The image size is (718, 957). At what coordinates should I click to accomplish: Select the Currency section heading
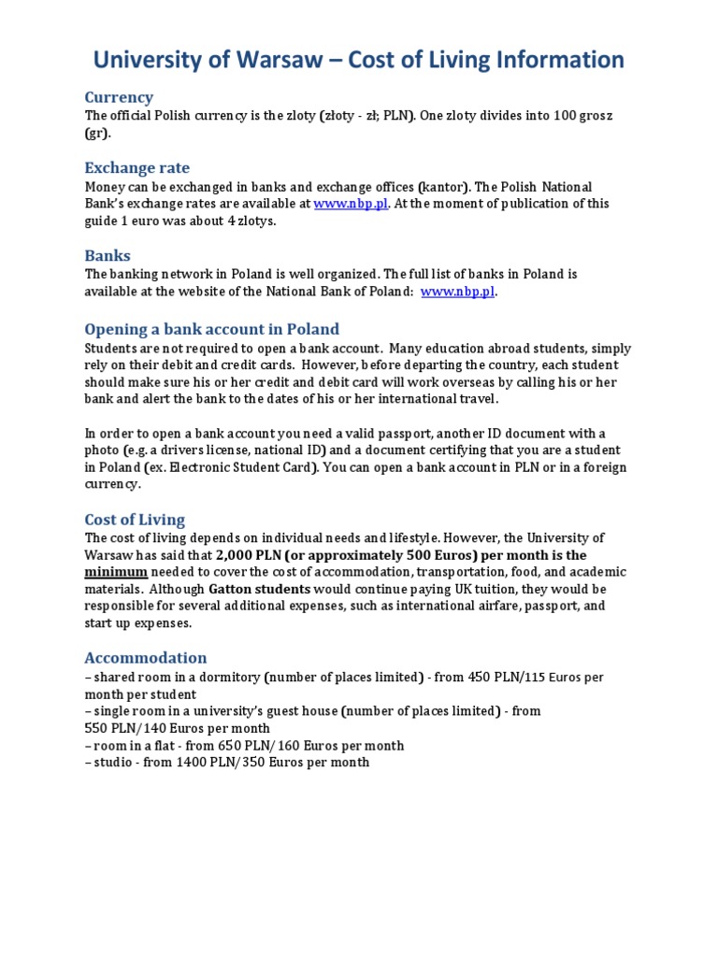pos(119,97)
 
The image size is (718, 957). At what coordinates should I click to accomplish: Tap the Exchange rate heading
pos(136,168)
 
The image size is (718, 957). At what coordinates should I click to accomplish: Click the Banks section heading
pos(108,255)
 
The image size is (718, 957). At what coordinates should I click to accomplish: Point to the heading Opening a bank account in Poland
pos(211,329)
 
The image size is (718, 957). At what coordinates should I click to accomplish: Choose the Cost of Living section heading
pos(135,520)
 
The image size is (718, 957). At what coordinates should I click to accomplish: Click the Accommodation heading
pos(145,657)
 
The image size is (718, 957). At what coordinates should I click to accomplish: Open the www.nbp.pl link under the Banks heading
pos(457,292)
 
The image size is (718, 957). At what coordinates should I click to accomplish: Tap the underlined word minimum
pos(116,572)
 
